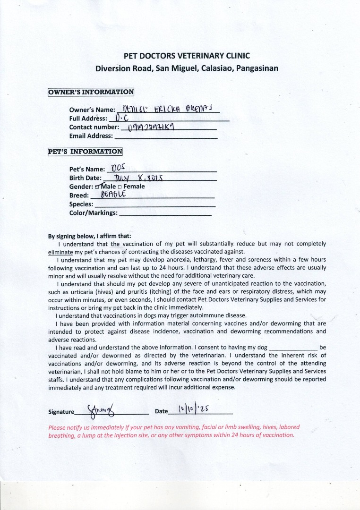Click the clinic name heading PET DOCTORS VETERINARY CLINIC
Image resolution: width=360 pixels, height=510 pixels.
point(187,56)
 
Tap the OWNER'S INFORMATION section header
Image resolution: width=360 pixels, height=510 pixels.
point(91,92)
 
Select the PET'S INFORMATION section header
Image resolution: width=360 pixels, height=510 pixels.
point(85,152)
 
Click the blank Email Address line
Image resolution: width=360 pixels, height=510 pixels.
point(166,136)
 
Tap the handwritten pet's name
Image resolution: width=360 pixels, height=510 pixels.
point(116,168)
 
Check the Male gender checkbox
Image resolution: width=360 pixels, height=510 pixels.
point(98,187)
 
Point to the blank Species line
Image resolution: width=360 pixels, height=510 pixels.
point(154,205)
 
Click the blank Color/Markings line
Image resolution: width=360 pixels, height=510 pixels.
point(165,214)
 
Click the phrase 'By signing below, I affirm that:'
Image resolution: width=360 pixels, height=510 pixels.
point(90,236)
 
